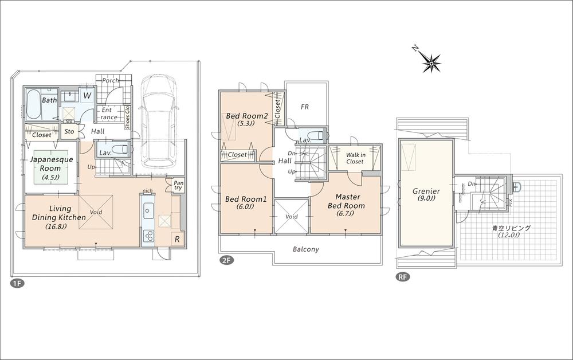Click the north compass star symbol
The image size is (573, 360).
click(431, 61)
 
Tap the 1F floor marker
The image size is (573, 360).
click(14, 283)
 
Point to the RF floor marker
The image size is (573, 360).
click(402, 277)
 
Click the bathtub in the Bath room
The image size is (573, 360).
click(34, 103)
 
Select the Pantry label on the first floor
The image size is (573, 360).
click(178, 185)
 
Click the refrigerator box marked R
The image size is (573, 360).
click(177, 240)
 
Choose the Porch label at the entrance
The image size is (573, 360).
click(109, 81)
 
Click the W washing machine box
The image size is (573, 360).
click(87, 95)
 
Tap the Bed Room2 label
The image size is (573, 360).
click(246, 119)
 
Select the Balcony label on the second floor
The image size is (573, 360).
click(305, 249)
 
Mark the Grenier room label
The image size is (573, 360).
click(426, 195)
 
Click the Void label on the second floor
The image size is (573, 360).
click(292, 217)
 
